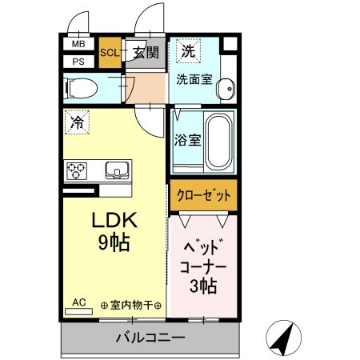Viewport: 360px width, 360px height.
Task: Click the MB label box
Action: pyautogui.click(x=78, y=45)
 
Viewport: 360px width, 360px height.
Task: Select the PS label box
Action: pyautogui.click(x=78, y=60)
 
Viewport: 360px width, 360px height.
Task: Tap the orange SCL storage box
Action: pyautogui.click(x=109, y=53)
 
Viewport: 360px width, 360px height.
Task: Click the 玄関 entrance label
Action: pyautogui.click(x=146, y=53)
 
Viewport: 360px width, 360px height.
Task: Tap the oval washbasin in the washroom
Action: pyautogui.click(x=227, y=87)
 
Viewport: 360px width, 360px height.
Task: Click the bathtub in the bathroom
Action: pyautogui.click(x=219, y=142)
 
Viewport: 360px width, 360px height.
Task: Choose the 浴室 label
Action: pyautogui.click(x=186, y=138)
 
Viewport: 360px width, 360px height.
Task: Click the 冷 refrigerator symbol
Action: pyautogui.click(x=77, y=123)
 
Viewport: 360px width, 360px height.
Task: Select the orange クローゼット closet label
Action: pyautogui.click(x=202, y=195)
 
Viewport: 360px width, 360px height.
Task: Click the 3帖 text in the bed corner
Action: pyautogui.click(x=202, y=286)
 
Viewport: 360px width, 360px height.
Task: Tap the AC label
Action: pyautogui.click(x=78, y=302)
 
